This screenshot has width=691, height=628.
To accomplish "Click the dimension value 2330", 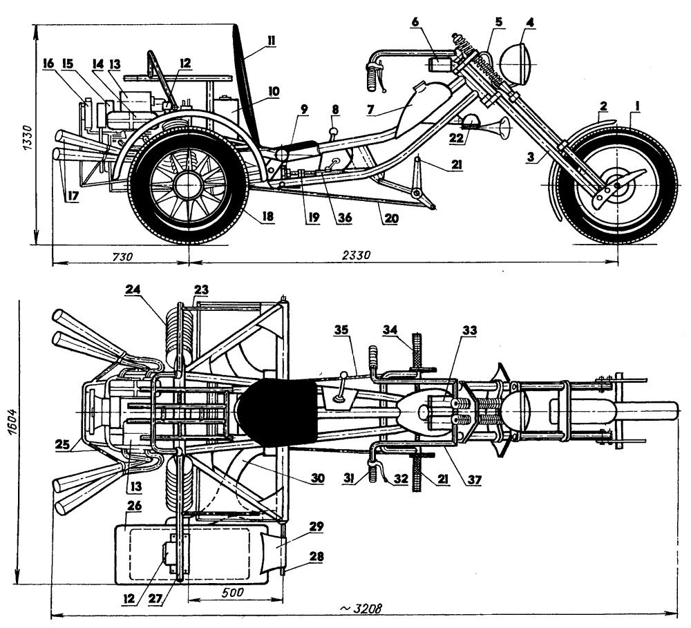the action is [357, 255].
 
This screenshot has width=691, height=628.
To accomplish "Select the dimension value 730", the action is [122, 256].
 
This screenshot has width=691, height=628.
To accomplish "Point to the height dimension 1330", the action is [28, 138].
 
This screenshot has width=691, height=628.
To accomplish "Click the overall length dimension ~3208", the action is [361, 609].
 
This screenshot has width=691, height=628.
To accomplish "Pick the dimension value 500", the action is [233, 592].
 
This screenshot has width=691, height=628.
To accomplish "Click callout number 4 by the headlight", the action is [530, 23].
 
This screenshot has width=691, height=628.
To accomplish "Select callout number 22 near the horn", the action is [456, 138].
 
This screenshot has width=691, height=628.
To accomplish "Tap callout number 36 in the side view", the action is [344, 217].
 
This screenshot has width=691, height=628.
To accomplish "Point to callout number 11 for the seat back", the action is [270, 41].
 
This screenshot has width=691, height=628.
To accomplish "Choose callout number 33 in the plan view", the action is [469, 330].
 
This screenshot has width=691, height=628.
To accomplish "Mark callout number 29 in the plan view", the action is [316, 526].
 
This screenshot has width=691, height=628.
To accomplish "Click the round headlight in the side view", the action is [519, 64].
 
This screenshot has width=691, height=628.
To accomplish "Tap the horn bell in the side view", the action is [504, 126].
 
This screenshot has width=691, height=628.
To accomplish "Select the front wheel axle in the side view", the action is [618, 184].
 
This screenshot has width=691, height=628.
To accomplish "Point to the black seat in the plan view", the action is [278, 412].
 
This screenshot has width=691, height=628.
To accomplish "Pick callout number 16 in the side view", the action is [48, 64].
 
